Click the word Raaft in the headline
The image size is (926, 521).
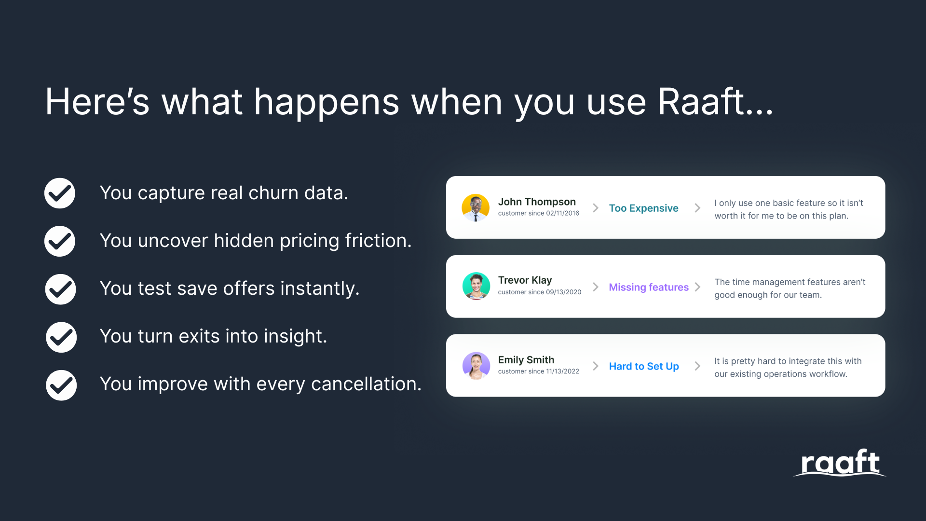tap(702, 102)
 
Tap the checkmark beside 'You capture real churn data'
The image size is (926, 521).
tap(60, 193)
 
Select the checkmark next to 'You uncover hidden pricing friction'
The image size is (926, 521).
tap(60, 241)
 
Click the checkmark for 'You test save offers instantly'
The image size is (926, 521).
tap(60, 289)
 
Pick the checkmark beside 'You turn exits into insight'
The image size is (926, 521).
tap(61, 337)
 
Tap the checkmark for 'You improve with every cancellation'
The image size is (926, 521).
tap(61, 385)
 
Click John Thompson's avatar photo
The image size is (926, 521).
tap(476, 207)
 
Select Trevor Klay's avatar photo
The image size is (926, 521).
tap(476, 286)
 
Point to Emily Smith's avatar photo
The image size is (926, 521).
tap(476, 366)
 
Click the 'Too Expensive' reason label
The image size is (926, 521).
tap(643, 208)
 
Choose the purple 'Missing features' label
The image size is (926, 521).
tap(648, 287)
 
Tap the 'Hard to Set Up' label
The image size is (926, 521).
tap(643, 366)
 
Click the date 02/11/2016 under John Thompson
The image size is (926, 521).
tap(562, 213)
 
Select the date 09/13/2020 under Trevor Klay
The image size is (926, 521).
tap(563, 292)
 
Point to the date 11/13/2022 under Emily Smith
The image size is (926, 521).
tap(562, 371)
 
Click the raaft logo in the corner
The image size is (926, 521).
tap(840, 463)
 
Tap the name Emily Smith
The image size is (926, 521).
tap(526, 360)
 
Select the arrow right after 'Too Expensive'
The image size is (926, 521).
tap(697, 208)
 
